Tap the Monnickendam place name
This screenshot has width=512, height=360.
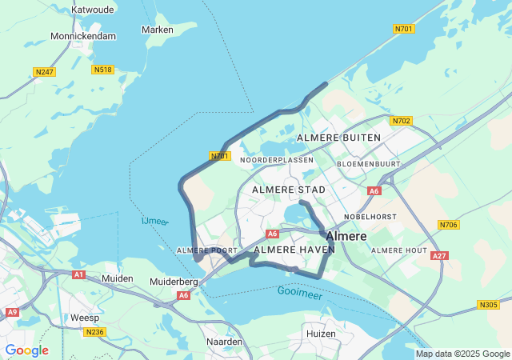[x=82, y=36]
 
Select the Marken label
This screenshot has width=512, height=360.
[x=157, y=30]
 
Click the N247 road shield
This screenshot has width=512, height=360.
[x=45, y=72]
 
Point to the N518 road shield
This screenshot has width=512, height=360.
[x=102, y=70]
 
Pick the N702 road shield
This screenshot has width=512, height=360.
[x=401, y=121]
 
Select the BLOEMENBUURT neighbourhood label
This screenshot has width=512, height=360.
[x=368, y=163]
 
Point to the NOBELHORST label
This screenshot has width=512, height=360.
[x=370, y=217]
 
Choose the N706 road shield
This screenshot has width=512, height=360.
[x=449, y=225]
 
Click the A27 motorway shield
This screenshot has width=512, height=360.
[x=438, y=256]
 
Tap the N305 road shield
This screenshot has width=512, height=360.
[x=488, y=305]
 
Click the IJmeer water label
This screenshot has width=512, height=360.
[x=154, y=221]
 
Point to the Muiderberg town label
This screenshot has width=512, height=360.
[x=174, y=282]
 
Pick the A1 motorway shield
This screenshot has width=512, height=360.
[x=78, y=274]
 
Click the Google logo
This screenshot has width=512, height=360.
[x=26, y=350]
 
